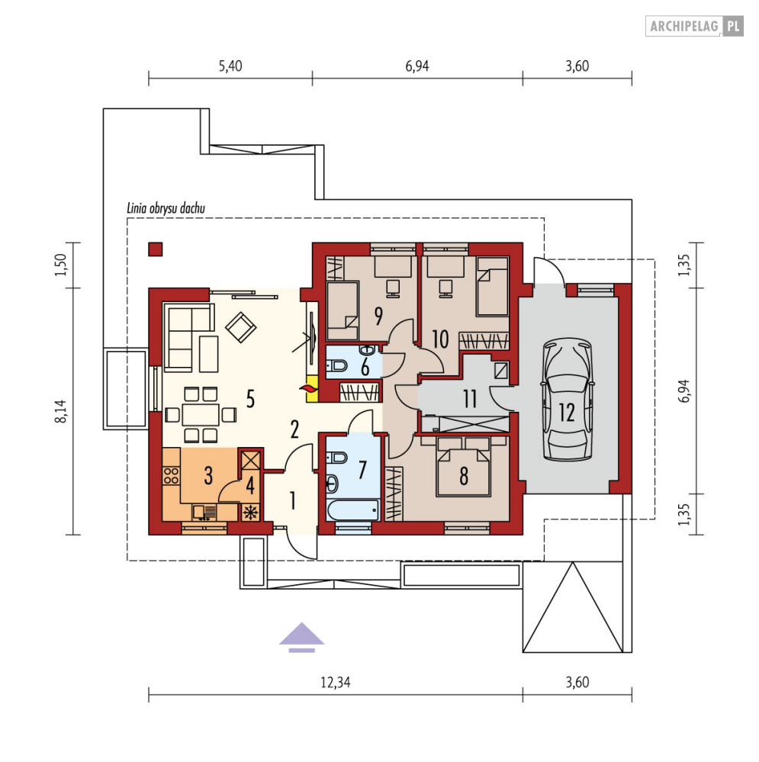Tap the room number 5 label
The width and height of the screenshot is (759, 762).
click(250, 399)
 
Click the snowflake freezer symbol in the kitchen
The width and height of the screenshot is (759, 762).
click(250, 513)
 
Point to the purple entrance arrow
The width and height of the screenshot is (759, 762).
click(301, 637)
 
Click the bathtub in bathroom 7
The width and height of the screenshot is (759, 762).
click(353, 510)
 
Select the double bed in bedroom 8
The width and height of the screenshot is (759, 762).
click(464, 467)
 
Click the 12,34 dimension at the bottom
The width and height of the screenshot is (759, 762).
click(336, 683)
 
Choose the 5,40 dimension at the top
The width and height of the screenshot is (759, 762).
click(230, 66)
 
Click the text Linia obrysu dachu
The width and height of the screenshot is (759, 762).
click(166, 208)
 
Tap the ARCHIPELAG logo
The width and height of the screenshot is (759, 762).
click(694, 26)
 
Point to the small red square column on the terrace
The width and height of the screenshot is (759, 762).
click(156, 249)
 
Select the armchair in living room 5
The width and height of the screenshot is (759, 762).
click(240, 327)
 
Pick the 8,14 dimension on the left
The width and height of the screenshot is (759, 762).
click(61, 411)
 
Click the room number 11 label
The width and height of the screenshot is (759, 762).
click(469, 399)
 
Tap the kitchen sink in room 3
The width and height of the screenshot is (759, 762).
click(204, 513)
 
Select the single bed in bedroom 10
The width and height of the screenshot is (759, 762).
click(492, 286)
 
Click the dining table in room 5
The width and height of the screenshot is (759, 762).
click(201, 415)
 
